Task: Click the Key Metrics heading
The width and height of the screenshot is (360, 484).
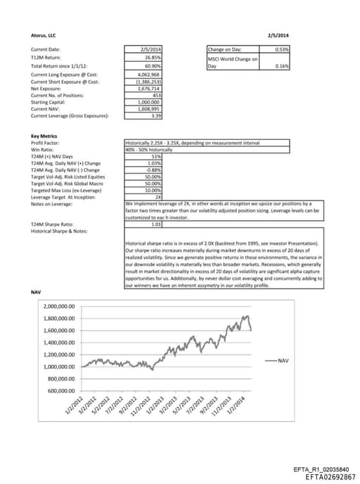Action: [44, 136]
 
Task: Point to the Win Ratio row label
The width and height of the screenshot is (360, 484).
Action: [41, 148]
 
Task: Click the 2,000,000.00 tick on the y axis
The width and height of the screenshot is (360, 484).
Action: [60, 307]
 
